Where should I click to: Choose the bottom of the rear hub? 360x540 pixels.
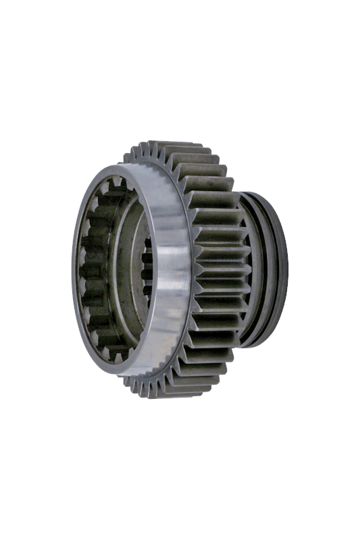pos(260,344)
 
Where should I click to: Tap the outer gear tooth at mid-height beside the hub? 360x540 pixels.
pos(226,270)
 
